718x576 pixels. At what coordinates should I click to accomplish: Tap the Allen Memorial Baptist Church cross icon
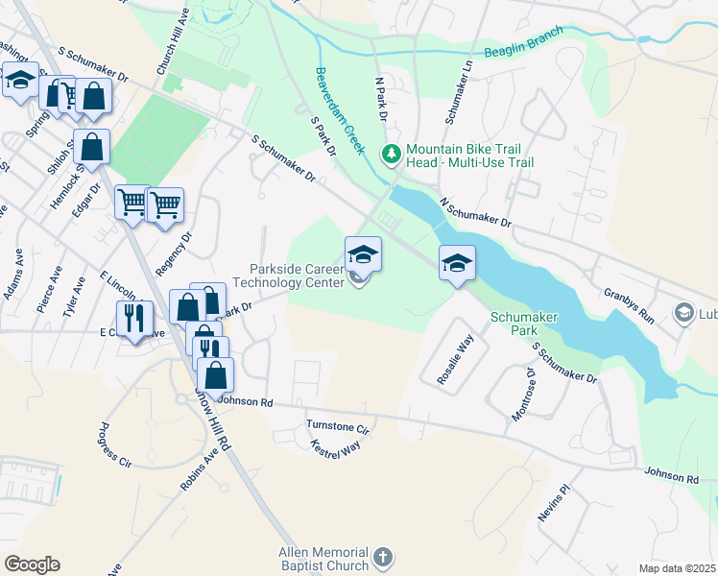point(382,558)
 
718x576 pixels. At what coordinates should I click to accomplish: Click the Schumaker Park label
point(524,323)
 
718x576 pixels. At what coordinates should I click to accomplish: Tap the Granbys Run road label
point(628,304)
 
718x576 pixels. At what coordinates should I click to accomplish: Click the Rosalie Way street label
point(456,358)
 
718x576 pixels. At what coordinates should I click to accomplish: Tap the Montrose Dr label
point(524,393)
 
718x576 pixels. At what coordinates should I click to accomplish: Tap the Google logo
point(32,564)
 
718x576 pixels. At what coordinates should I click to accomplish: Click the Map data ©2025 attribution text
point(677,568)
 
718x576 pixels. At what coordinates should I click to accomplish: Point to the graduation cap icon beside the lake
point(458,263)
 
